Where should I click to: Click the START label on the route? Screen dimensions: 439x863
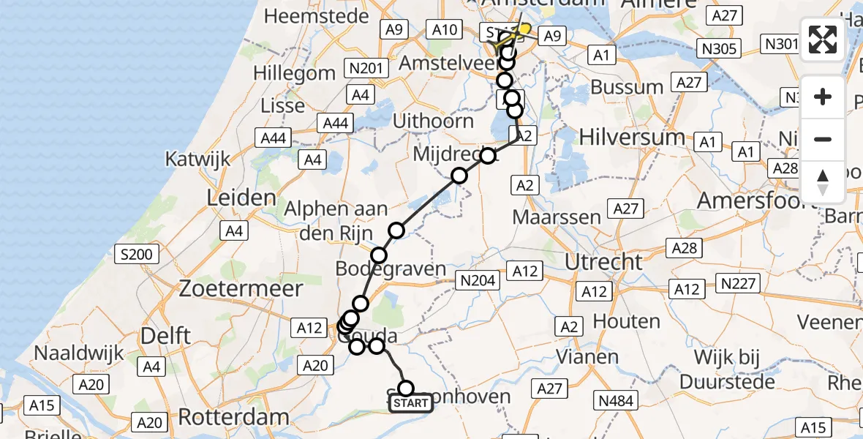pos(410,403)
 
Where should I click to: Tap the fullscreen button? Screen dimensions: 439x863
pos(823,40)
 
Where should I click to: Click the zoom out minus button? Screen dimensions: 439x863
pos(823,139)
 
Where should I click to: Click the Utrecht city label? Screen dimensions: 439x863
pos(603,261)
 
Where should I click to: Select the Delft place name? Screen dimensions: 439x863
pos(167,336)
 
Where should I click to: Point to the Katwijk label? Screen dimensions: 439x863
pos(197,158)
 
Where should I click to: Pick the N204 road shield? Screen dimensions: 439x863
pos(478,279)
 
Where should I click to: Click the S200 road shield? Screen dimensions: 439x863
pos(137,255)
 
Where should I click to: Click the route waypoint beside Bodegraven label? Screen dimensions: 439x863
pos(379,255)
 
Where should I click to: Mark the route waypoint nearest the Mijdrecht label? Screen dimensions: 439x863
pos(487,155)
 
